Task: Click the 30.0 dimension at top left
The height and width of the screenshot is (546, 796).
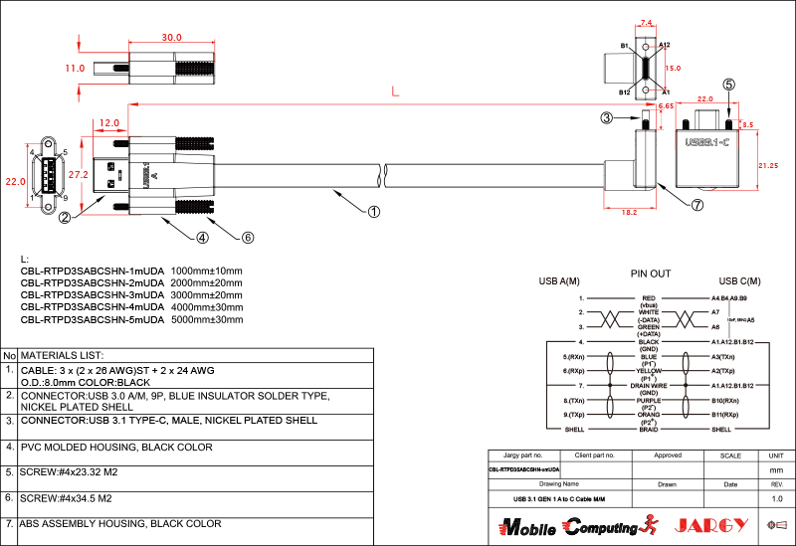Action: (x=172, y=38)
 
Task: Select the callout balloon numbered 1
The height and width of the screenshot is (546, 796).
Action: (x=374, y=211)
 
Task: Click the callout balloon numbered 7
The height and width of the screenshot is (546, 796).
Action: (x=697, y=206)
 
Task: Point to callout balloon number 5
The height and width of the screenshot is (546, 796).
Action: (x=729, y=86)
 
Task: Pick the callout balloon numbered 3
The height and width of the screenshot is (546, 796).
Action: (x=606, y=118)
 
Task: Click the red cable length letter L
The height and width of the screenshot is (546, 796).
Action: (x=395, y=91)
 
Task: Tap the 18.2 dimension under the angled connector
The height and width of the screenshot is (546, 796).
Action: (x=629, y=212)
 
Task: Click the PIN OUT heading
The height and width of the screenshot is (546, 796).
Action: (x=651, y=273)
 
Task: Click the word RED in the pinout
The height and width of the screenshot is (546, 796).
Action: (x=649, y=297)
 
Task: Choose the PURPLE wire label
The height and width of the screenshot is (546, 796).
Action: (x=649, y=401)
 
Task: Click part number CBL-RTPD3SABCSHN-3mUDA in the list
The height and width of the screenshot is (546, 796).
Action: (x=92, y=295)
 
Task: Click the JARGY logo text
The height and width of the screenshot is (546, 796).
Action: (x=710, y=525)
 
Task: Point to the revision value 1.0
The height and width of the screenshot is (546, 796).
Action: (x=776, y=497)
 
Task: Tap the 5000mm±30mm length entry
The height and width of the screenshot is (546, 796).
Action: (x=207, y=320)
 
